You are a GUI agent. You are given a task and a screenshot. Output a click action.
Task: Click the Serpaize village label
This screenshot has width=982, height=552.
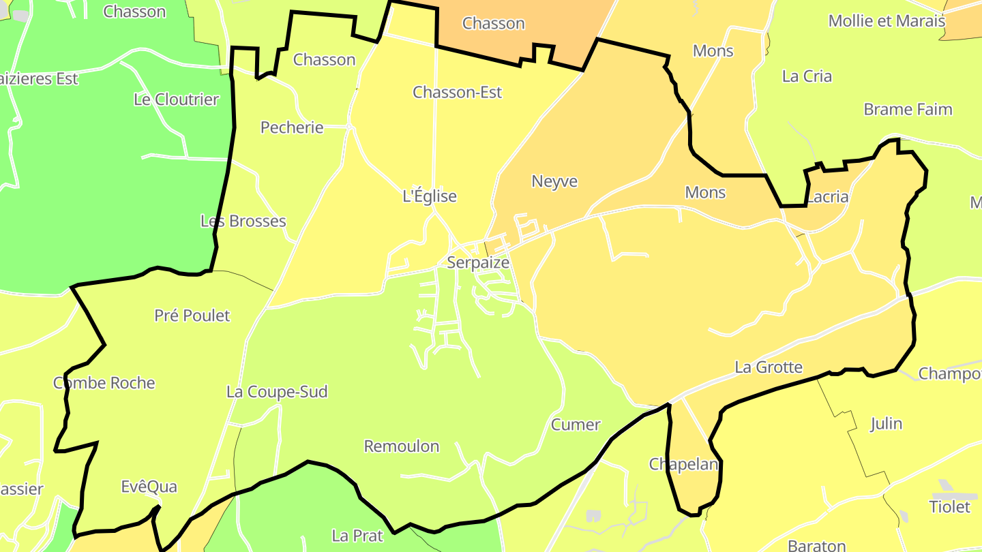[478, 262]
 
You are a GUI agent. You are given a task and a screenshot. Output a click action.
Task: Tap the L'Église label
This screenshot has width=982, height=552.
[430, 196]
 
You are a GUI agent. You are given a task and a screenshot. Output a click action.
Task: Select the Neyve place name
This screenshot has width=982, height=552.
[554, 181]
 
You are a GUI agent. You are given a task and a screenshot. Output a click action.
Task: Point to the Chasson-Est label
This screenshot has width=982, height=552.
[458, 92]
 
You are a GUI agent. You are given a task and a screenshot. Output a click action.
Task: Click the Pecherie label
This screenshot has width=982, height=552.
[292, 127]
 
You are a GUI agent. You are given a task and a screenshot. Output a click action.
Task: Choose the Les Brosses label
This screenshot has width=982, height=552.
[243, 221]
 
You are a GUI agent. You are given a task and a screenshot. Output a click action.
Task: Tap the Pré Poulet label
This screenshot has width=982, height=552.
[192, 316]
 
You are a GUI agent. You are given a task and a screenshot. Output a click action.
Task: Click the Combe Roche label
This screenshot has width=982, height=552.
[104, 383]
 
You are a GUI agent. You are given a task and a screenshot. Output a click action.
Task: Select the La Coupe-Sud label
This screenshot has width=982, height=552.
[277, 392]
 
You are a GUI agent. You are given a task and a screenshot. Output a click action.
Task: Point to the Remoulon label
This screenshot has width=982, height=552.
[402, 446]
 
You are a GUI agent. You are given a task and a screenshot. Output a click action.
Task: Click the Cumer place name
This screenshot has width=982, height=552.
[576, 425]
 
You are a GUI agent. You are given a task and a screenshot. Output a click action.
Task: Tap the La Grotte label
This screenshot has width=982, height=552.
[769, 367]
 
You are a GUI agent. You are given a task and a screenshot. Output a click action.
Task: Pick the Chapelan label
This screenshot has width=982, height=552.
[684, 464]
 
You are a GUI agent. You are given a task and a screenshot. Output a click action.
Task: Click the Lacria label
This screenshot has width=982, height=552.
[827, 198]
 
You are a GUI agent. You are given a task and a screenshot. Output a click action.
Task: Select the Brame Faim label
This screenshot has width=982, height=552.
[908, 109]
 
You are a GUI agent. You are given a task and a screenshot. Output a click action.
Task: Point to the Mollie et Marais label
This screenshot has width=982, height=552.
[887, 20]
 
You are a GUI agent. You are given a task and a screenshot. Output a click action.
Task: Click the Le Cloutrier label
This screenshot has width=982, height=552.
[176, 99]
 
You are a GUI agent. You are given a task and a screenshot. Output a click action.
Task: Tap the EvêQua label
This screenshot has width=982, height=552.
[149, 487]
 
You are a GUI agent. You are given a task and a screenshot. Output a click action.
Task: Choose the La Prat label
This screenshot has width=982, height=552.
[357, 536]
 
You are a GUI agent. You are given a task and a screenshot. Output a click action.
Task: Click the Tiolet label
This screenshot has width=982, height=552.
[949, 507]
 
